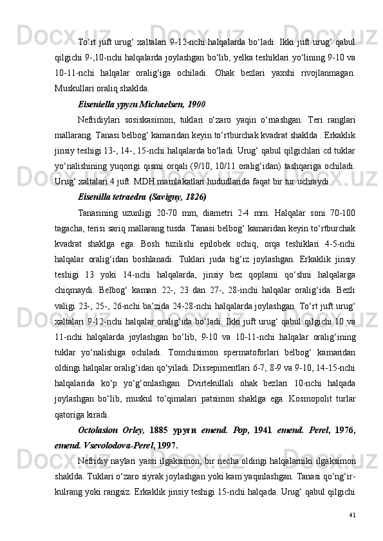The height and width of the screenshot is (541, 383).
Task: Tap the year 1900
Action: tap(194, 103)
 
